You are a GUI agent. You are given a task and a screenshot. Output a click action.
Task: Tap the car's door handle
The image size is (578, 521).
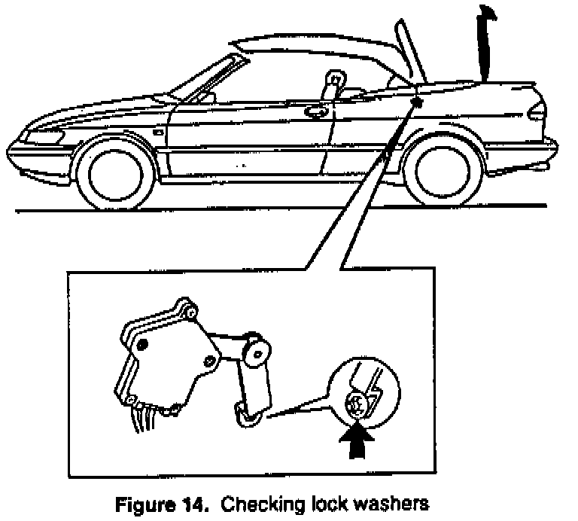316,111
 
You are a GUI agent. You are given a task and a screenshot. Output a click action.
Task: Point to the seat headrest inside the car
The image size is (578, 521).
332,79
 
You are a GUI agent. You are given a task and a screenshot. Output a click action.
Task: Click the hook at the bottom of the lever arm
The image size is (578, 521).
245,413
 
